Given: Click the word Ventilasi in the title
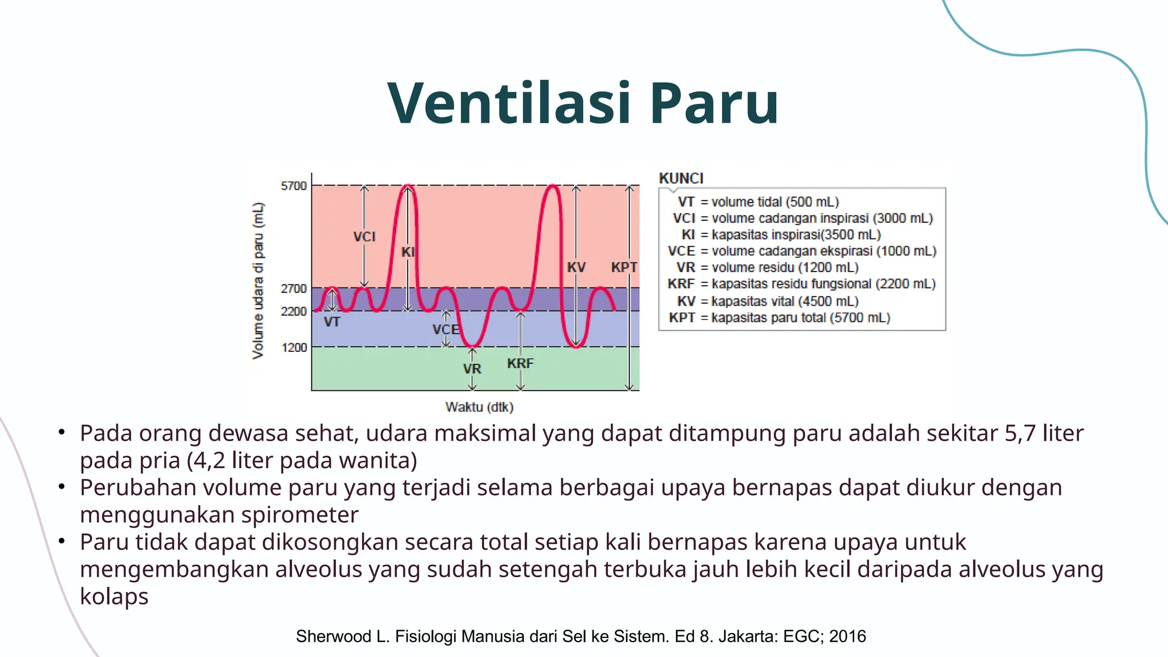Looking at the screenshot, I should click(x=509, y=103).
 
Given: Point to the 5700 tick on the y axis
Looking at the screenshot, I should click(x=294, y=186).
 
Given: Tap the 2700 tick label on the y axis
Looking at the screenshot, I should click(x=294, y=289).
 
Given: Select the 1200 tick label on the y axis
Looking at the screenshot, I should click(x=294, y=347).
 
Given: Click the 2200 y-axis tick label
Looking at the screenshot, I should click(x=294, y=311).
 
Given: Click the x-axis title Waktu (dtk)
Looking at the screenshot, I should click(x=479, y=407).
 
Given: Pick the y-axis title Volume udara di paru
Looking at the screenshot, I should click(x=258, y=281).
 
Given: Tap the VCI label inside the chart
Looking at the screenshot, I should click(x=364, y=237).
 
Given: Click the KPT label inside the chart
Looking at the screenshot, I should click(x=624, y=267).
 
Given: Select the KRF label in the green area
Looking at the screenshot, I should click(x=520, y=363).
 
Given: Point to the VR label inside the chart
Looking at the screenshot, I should click(x=472, y=369).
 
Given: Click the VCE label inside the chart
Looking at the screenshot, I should click(x=445, y=330).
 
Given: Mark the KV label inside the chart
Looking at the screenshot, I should click(x=576, y=267).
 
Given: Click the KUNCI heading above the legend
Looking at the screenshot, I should click(x=681, y=179).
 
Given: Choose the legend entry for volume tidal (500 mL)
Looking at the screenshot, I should click(x=759, y=202).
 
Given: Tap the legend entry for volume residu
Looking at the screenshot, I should click(x=767, y=267).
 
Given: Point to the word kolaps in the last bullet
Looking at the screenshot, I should click(x=114, y=597).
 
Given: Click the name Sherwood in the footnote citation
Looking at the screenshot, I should click(x=333, y=636).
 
